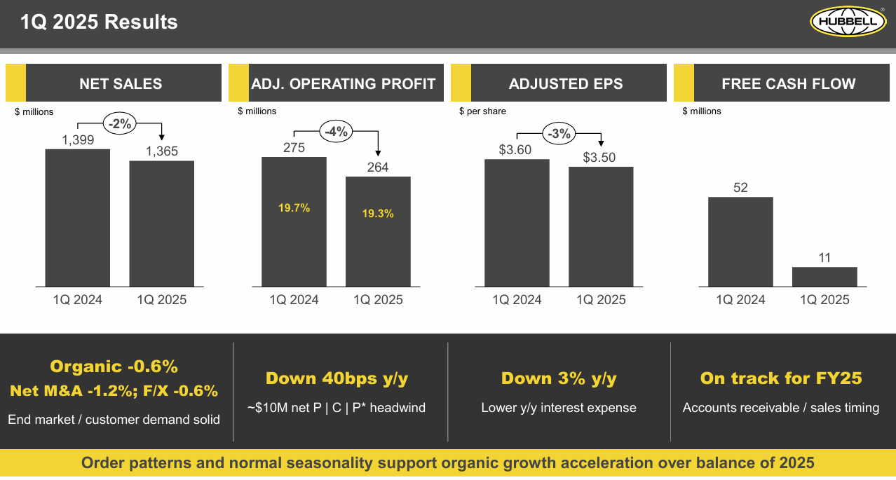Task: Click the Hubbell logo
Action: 848,21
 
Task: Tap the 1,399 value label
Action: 78,140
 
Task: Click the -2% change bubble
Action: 120,123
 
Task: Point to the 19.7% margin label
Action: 294,208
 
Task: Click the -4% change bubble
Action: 336,131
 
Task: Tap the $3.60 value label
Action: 515,149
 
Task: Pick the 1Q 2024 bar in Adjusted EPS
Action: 517,223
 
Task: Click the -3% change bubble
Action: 559,133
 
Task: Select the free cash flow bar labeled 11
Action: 824,276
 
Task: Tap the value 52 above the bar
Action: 740,188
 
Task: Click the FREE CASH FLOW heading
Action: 788,84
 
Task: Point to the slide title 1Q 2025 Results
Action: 99,22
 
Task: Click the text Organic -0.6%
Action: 114,366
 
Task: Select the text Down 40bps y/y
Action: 337,379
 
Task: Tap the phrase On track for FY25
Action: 781,379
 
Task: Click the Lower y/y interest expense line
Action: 559,408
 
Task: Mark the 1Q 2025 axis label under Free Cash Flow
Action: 824,300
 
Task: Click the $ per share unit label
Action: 482,111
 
